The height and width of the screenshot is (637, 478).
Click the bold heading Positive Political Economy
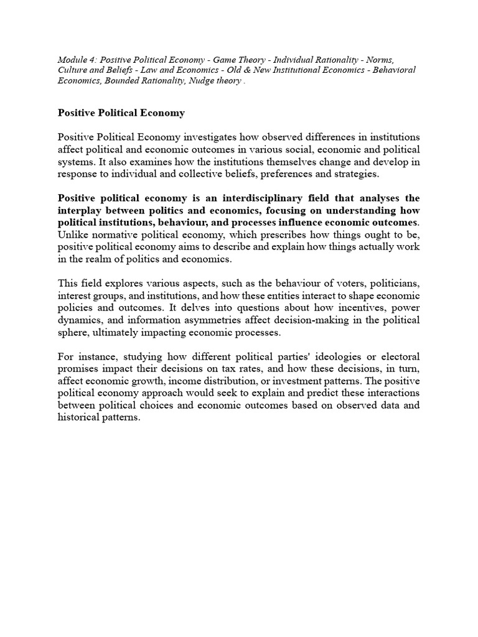click(121, 113)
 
